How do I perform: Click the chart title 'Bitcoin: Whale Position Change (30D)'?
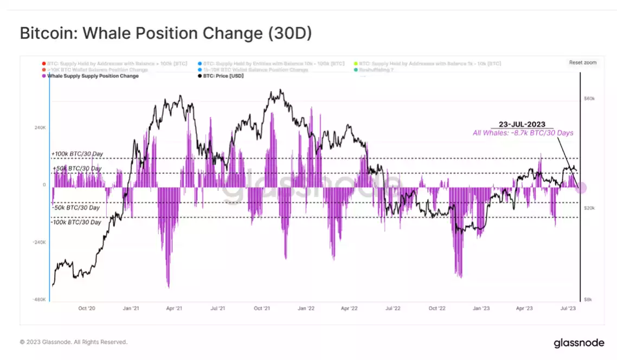165,34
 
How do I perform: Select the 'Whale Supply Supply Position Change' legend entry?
93,76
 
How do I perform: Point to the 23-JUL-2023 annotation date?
522,124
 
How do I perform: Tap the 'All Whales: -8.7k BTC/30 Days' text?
523,133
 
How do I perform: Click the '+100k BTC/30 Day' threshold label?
77,154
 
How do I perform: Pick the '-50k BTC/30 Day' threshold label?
76,208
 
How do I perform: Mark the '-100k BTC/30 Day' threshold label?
76,222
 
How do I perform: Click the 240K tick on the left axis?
41,128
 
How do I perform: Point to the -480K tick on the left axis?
40,299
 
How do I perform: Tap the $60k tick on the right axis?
589,99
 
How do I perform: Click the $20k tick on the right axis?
589,208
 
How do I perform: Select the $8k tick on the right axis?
589,299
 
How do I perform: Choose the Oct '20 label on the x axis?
87,308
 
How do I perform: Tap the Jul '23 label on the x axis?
568,308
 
